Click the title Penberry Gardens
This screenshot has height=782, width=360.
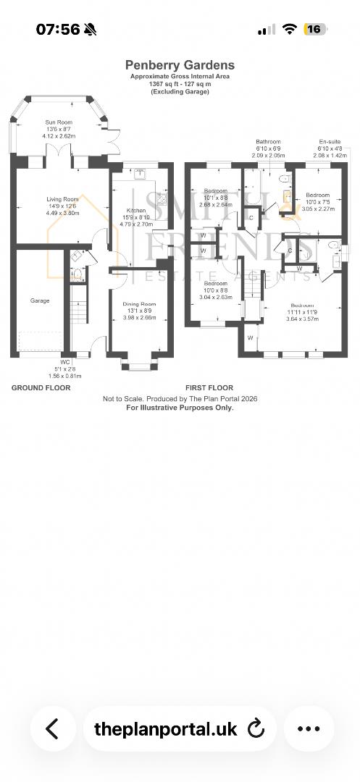click(180, 65)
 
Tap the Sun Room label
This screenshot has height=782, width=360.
click(59, 122)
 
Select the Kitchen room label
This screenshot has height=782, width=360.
click(136, 211)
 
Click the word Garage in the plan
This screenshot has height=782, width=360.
click(40, 300)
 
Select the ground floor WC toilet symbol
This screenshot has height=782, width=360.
click(78, 273)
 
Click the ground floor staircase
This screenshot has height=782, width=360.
click(78, 304)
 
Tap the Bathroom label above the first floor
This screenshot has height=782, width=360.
click(267, 142)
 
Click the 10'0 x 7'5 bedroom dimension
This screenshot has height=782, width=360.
click(317, 202)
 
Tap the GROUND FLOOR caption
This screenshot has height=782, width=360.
click(41, 388)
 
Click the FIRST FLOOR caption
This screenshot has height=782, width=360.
click(209, 388)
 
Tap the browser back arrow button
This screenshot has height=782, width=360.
click(52, 728)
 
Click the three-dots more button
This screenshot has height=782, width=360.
click(309, 728)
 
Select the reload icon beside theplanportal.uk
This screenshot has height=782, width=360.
click(256, 728)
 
